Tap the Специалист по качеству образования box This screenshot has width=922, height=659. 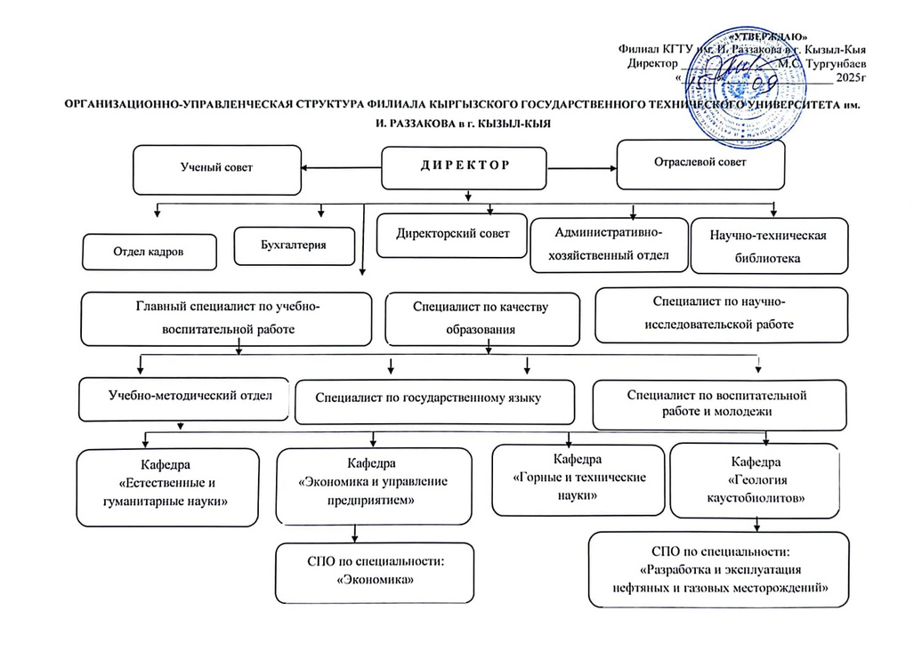point(481,317)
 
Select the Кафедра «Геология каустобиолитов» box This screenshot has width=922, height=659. point(755,480)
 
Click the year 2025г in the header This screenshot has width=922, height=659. point(849,78)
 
